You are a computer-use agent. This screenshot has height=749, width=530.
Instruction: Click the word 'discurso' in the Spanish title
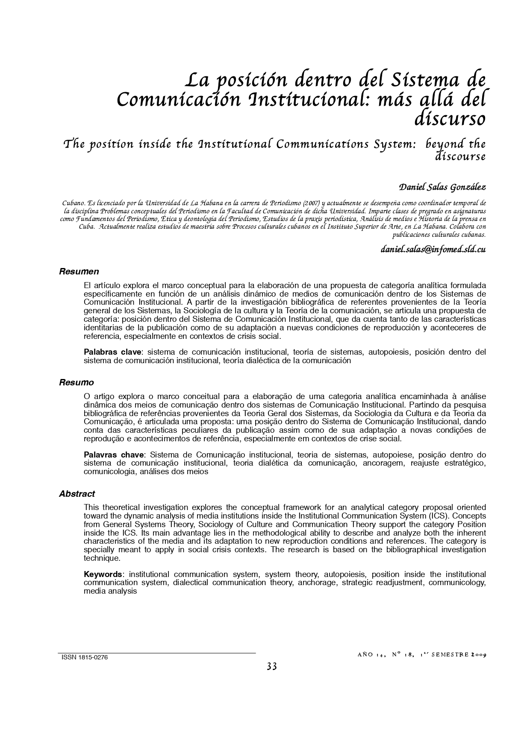[450, 119]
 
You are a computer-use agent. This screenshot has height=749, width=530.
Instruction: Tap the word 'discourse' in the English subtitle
[460, 157]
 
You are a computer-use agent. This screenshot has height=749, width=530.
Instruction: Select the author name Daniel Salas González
[442, 187]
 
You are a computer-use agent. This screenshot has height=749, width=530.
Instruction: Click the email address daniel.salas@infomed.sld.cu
[433, 249]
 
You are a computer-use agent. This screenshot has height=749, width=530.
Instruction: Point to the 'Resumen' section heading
[79, 271]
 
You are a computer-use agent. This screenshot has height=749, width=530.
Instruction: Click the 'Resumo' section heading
[77, 382]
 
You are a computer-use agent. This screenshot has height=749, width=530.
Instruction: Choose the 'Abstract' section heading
[77, 494]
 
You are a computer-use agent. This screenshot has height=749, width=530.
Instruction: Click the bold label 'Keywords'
[103, 574]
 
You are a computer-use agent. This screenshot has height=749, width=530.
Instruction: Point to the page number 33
[272, 666]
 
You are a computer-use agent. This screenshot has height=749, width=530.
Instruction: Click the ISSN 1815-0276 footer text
[85, 658]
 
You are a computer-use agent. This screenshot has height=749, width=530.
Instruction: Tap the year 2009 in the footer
[478, 655]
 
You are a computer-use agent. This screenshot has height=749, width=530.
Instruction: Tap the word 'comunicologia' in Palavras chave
[110, 472]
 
